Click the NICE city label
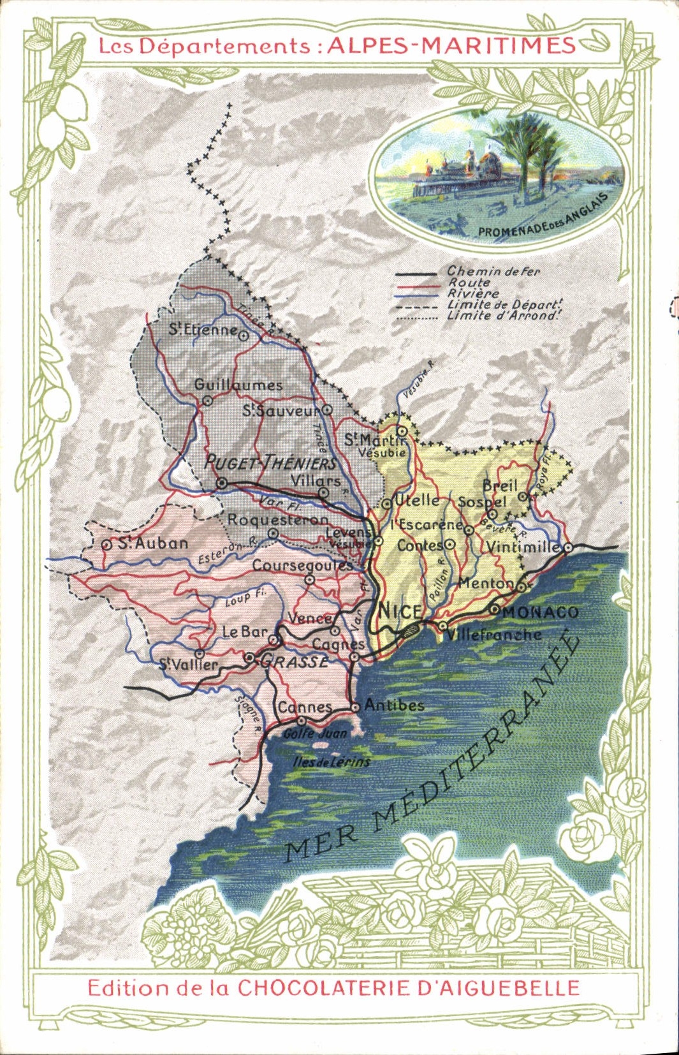(x=400, y=610)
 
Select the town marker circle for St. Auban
(x=106, y=544)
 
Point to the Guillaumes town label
(x=238, y=385)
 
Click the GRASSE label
(x=296, y=661)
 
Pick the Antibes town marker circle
(x=355, y=707)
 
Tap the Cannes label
(x=305, y=707)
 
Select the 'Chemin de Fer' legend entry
(x=493, y=271)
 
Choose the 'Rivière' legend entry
(x=473, y=293)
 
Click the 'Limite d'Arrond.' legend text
(x=504, y=315)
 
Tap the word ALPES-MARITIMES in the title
(x=451, y=45)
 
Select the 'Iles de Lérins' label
(x=331, y=762)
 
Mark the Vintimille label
(x=523, y=547)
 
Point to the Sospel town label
(x=482, y=502)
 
